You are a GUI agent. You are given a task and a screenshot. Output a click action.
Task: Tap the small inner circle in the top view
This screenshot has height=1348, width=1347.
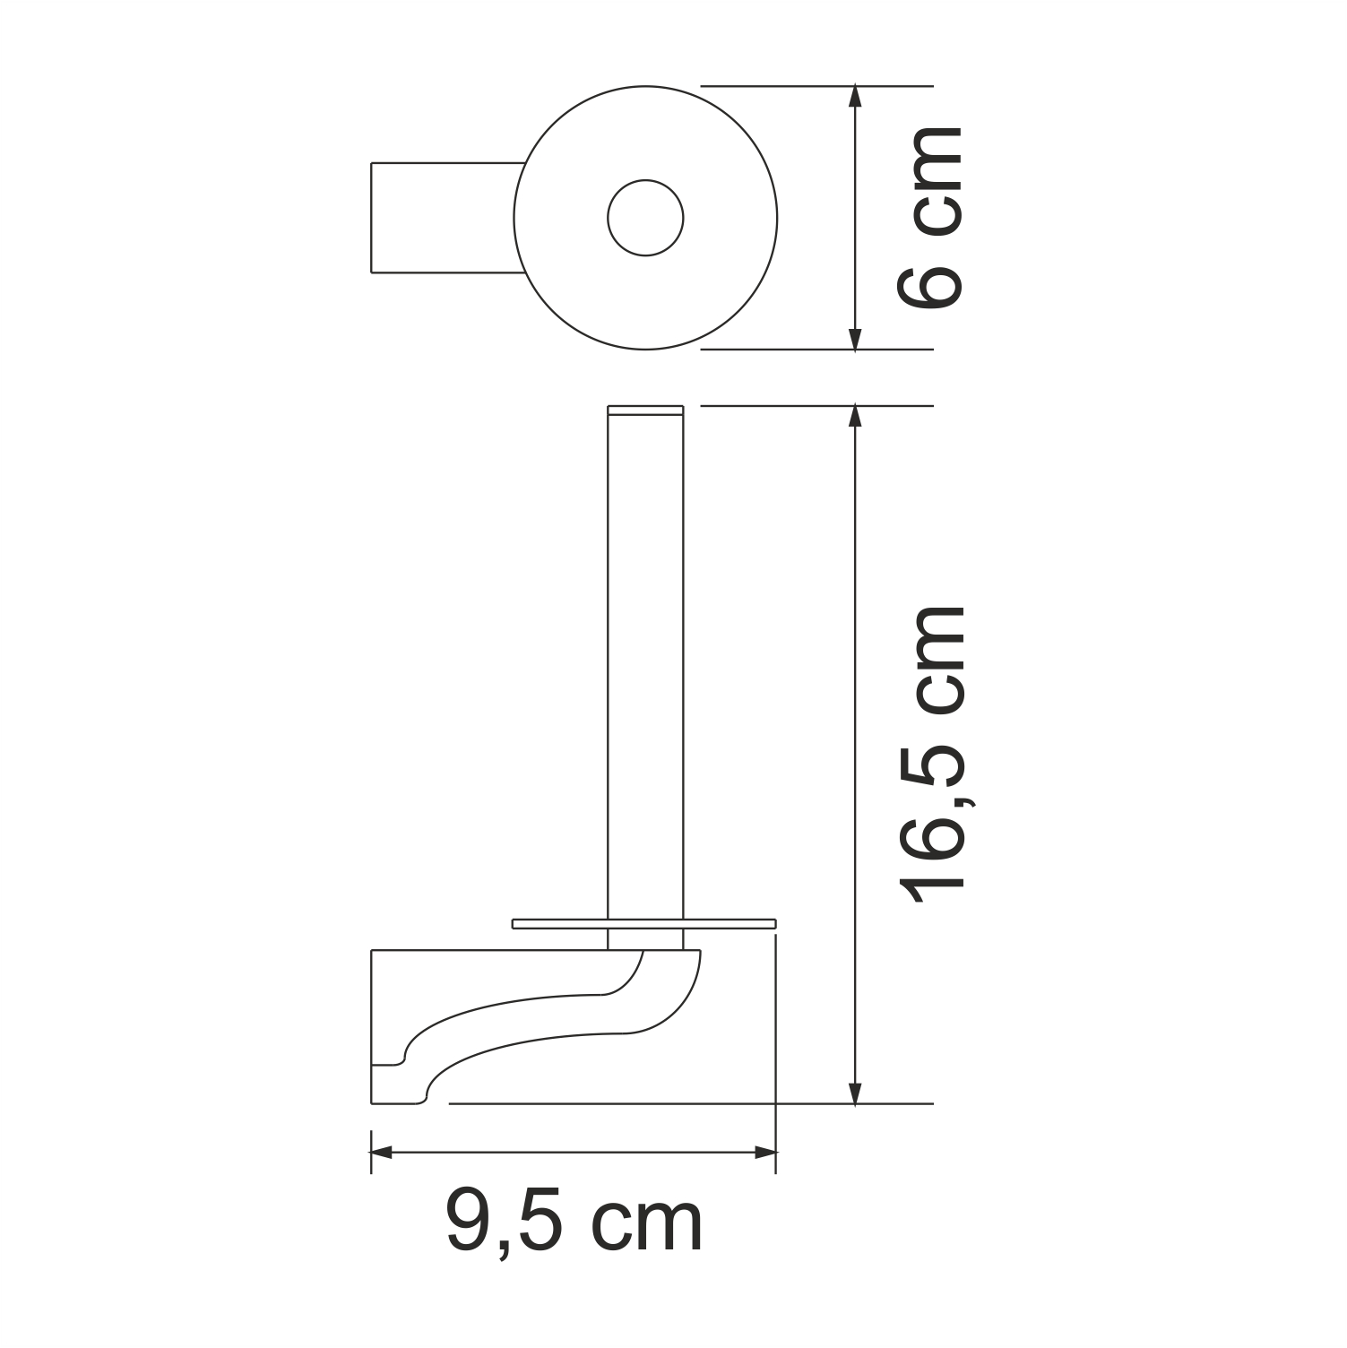[x=645, y=218]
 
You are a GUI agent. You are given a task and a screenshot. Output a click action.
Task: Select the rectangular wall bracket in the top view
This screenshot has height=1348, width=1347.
[x=444, y=218]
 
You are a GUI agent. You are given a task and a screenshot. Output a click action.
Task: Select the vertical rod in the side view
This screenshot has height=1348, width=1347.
[x=645, y=663]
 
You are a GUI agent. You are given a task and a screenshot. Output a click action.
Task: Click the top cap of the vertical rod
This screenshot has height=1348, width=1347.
[x=645, y=410]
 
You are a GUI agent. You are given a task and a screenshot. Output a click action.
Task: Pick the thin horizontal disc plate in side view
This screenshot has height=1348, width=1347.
[x=643, y=923]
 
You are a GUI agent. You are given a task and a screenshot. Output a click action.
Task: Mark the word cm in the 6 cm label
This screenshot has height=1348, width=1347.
[x=932, y=179]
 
